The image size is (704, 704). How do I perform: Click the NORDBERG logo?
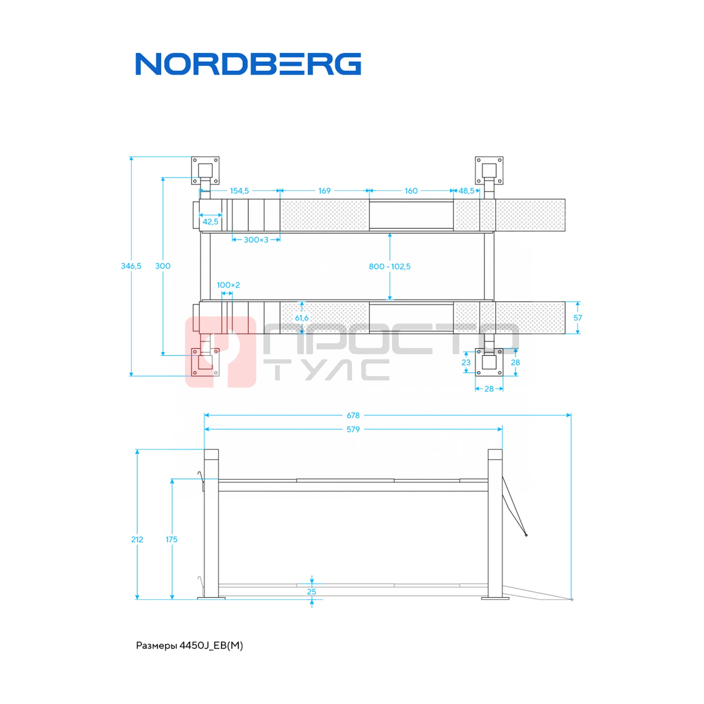pyautogui.click(x=248, y=64)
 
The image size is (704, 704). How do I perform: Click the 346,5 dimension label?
pyautogui.click(x=131, y=266)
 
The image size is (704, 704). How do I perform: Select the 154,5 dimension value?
pyautogui.click(x=239, y=191)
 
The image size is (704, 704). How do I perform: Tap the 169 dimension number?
pyautogui.click(x=324, y=191)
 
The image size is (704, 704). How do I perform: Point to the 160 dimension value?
pyautogui.click(x=411, y=191)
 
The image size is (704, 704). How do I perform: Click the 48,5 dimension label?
pyautogui.click(x=466, y=191)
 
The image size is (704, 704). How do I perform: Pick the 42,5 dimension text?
pyautogui.click(x=210, y=221)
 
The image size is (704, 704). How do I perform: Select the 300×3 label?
pyautogui.click(x=256, y=240)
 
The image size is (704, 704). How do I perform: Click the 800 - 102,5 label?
pyautogui.click(x=389, y=267)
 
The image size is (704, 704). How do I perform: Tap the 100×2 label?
pyautogui.click(x=228, y=285)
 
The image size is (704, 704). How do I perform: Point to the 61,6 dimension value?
pyautogui.click(x=302, y=318)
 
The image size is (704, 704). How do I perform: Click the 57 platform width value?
pyautogui.click(x=577, y=318)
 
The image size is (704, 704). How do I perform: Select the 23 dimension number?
pyautogui.click(x=466, y=362)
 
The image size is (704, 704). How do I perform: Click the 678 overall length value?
pyautogui.click(x=353, y=415)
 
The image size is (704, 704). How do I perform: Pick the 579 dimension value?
pyautogui.click(x=353, y=429)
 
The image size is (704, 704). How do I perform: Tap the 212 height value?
pyautogui.click(x=137, y=539)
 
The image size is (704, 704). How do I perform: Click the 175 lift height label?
pyautogui.click(x=171, y=539)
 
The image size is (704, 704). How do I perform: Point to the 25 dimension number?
pyautogui.click(x=311, y=591)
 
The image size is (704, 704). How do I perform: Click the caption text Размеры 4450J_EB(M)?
pyautogui.click(x=189, y=645)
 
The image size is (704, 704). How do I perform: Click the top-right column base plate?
pyautogui.click(x=489, y=170)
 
